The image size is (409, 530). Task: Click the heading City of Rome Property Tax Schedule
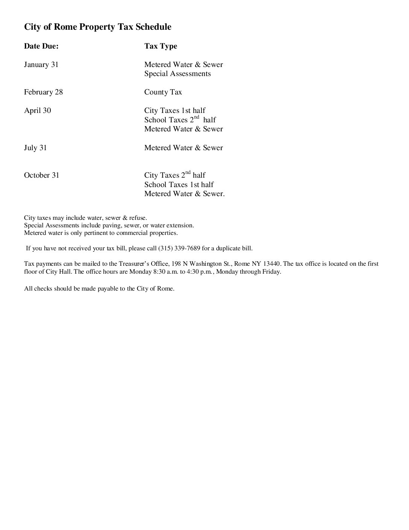[98, 27]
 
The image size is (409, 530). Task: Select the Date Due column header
[41, 46]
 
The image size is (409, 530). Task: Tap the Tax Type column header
[161, 46]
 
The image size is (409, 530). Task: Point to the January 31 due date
[41, 65]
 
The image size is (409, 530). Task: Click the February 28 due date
[43, 92]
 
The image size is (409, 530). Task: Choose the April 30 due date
[37, 111]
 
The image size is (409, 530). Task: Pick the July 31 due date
[35, 148]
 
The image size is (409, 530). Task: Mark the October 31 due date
[41, 175]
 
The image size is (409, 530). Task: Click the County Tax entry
[163, 92]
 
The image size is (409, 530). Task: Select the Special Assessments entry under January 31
[177, 74]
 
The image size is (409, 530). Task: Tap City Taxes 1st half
[175, 111]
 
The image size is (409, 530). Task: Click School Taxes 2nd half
[180, 120]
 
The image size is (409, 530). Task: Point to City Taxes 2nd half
[175, 175]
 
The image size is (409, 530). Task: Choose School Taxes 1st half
[179, 185]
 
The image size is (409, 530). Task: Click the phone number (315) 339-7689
[179, 248]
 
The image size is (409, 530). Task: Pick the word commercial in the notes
[132, 233]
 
